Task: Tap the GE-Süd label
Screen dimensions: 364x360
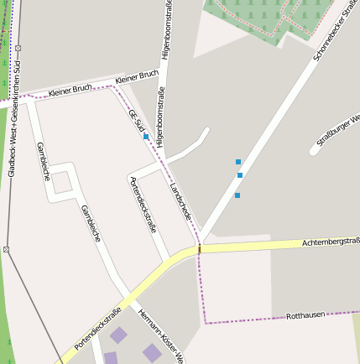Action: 136,121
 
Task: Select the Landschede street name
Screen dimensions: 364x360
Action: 181,202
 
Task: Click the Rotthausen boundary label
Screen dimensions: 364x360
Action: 305,316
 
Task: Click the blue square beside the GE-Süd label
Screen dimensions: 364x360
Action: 146,136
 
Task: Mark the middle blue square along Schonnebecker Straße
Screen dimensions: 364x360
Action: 240,175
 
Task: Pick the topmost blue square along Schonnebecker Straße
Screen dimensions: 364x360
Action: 238,161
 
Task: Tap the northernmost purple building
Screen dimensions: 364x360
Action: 119,336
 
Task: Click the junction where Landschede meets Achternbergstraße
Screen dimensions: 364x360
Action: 200,247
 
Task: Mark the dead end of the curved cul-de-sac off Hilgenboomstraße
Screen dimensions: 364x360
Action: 206,130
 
